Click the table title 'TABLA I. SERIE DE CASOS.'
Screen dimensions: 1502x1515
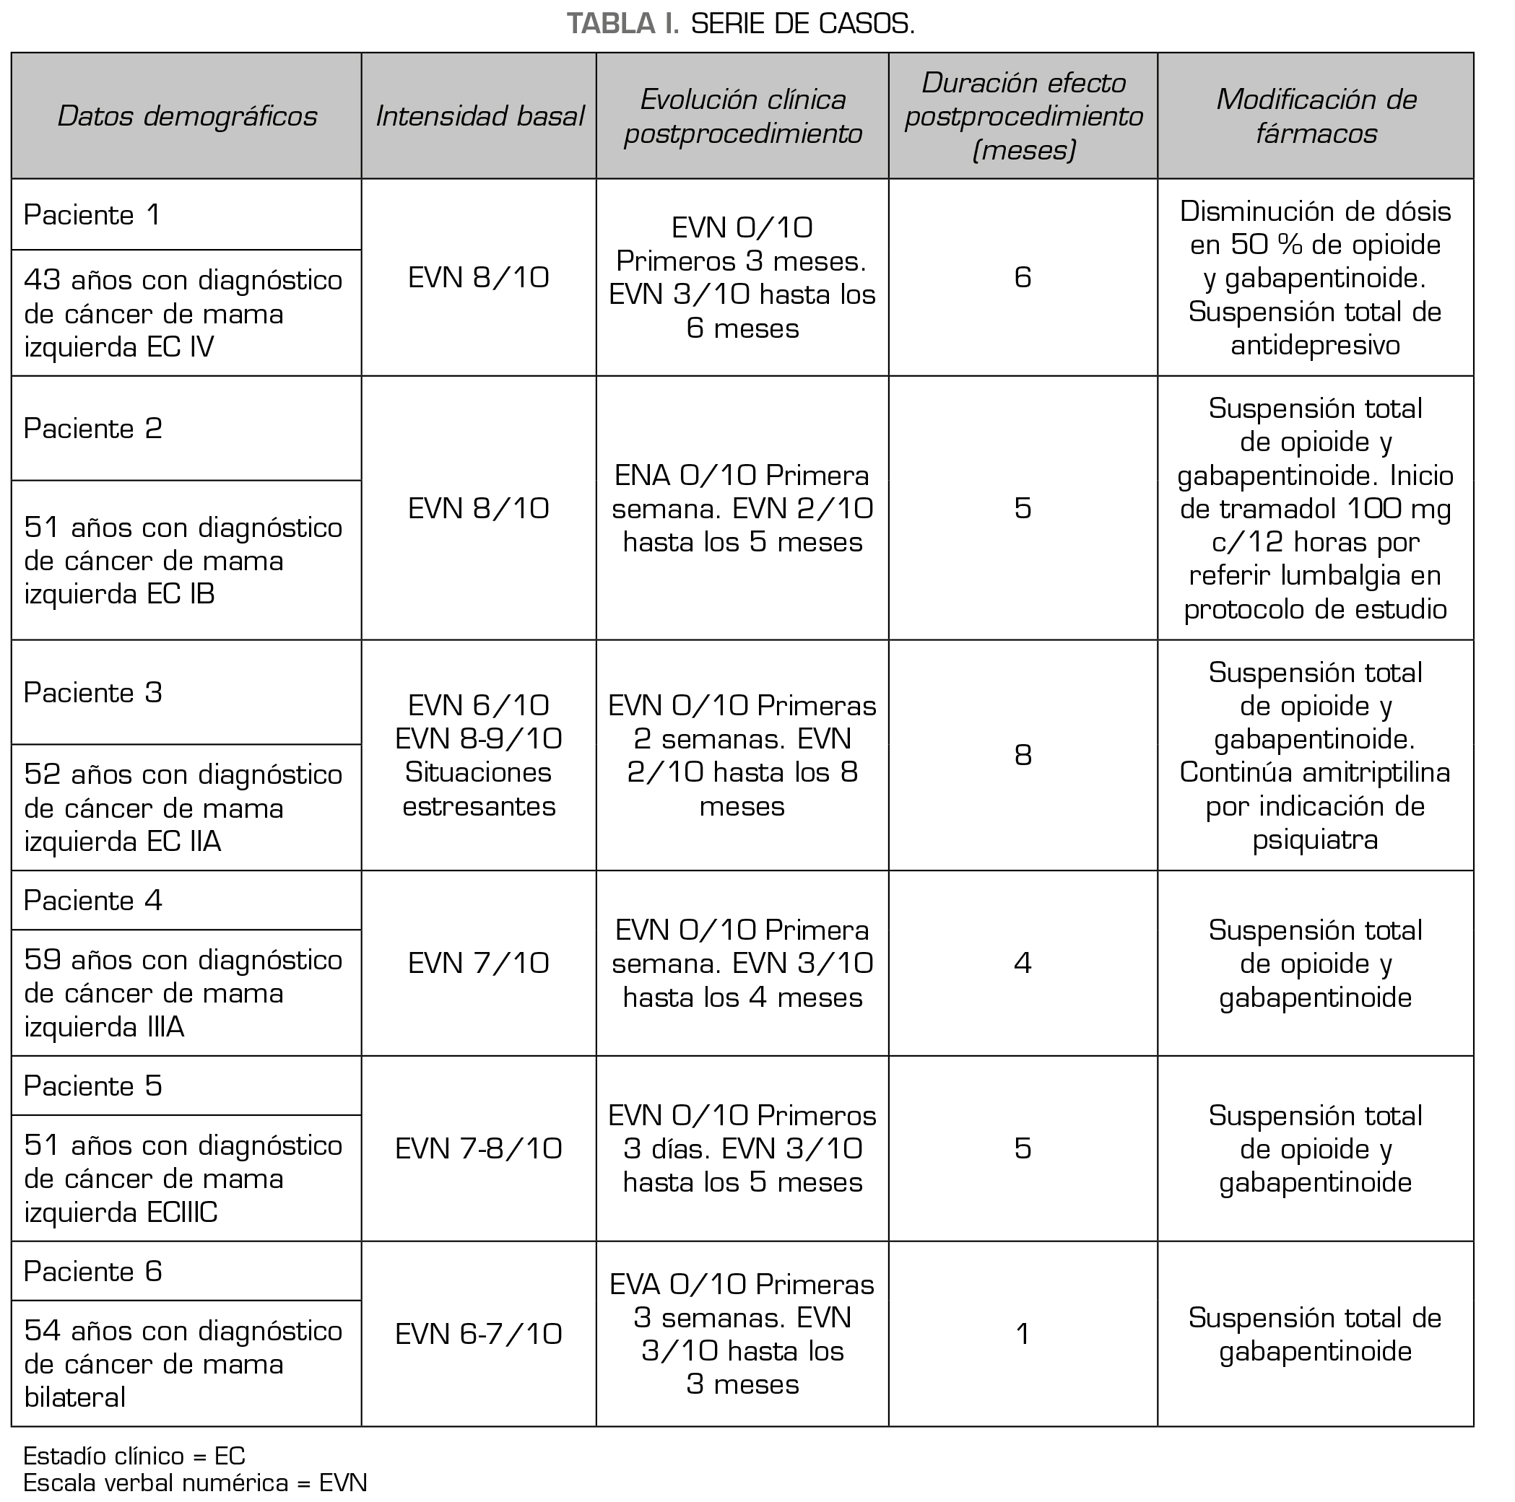[x=740, y=25]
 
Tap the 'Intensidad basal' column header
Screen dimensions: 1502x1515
[x=479, y=117]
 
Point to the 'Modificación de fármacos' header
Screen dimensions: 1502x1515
[x=1316, y=117]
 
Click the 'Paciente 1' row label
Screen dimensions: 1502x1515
[x=92, y=216]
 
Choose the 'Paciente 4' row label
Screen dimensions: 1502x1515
[x=92, y=901]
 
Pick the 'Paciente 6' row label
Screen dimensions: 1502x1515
[x=92, y=1272]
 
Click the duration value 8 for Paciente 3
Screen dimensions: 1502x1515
[x=1023, y=755]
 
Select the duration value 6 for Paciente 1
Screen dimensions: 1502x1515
[x=1023, y=277]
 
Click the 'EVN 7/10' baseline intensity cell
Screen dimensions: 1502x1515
[x=479, y=964]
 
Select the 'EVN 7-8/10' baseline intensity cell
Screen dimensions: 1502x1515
[x=479, y=1149]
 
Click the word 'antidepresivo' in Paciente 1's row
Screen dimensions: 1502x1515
[x=1316, y=346]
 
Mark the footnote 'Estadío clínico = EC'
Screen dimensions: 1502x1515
[x=134, y=1457]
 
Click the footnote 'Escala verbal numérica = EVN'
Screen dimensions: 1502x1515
[x=195, y=1483]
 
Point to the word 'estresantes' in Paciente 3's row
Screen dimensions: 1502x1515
[x=479, y=807]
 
